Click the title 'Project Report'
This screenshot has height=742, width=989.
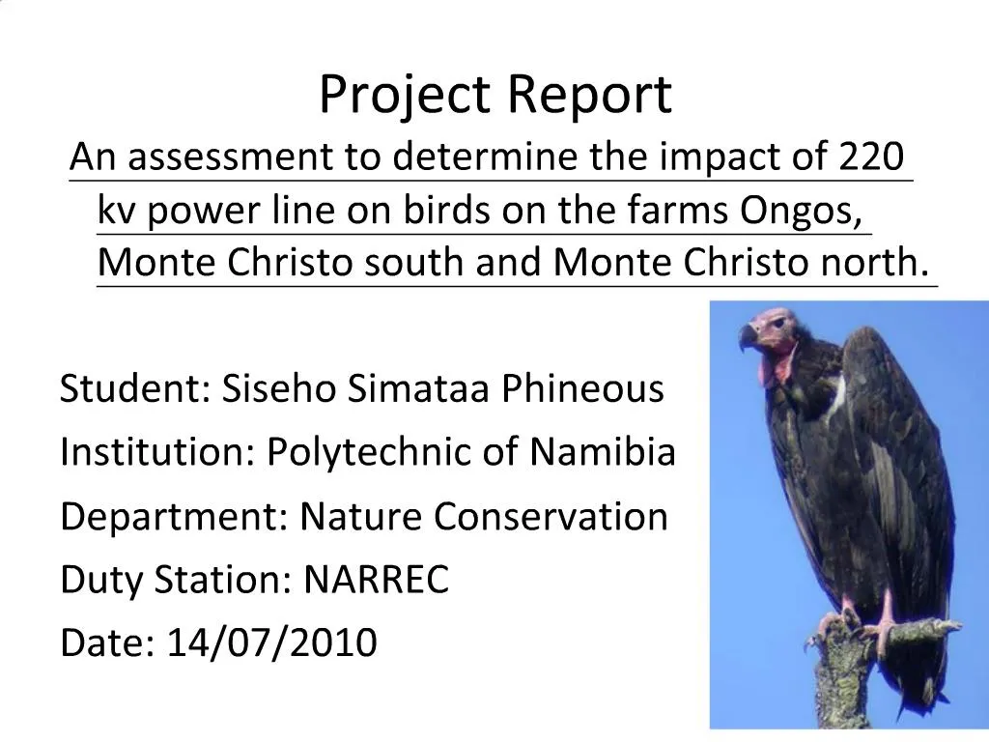tap(494, 95)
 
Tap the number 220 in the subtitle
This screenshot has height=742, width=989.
tap(871, 156)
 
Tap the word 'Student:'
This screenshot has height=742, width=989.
tap(134, 388)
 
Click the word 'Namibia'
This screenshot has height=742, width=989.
tap(603, 451)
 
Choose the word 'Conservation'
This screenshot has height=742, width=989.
tap(551, 517)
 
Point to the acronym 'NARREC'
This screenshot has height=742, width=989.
tap(377, 581)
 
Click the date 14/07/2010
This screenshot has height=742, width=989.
tap(271, 642)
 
